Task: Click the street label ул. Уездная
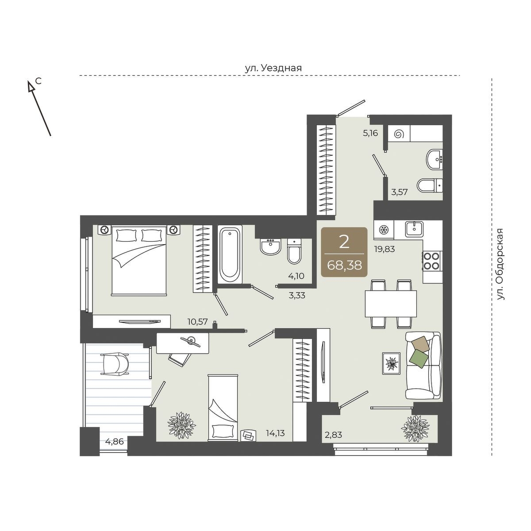click(273, 68)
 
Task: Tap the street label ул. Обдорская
click(500, 264)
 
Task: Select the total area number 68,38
click(344, 265)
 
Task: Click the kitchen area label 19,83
click(384, 249)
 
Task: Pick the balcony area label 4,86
click(114, 442)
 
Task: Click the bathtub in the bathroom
click(230, 254)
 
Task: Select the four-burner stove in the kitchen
click(432, 261)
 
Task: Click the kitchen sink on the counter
click(414, 230)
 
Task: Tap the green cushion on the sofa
click(419, 359)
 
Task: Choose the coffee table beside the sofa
click(391, 363)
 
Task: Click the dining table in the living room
click(390, 304)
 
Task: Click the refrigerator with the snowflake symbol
click(384, 230)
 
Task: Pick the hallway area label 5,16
click(370, 134)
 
